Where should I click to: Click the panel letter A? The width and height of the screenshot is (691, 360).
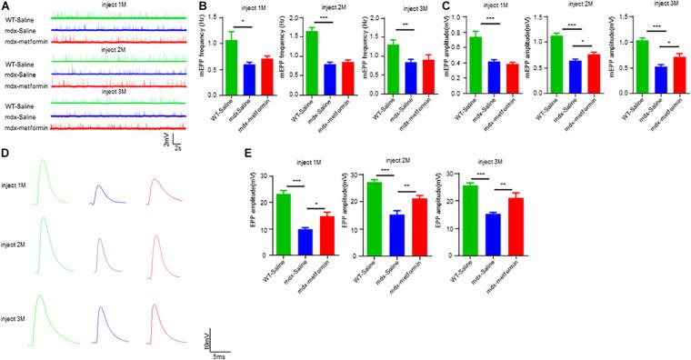(x=7, y=7)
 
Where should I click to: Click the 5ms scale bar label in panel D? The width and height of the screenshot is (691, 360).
(x=222, y=355)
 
